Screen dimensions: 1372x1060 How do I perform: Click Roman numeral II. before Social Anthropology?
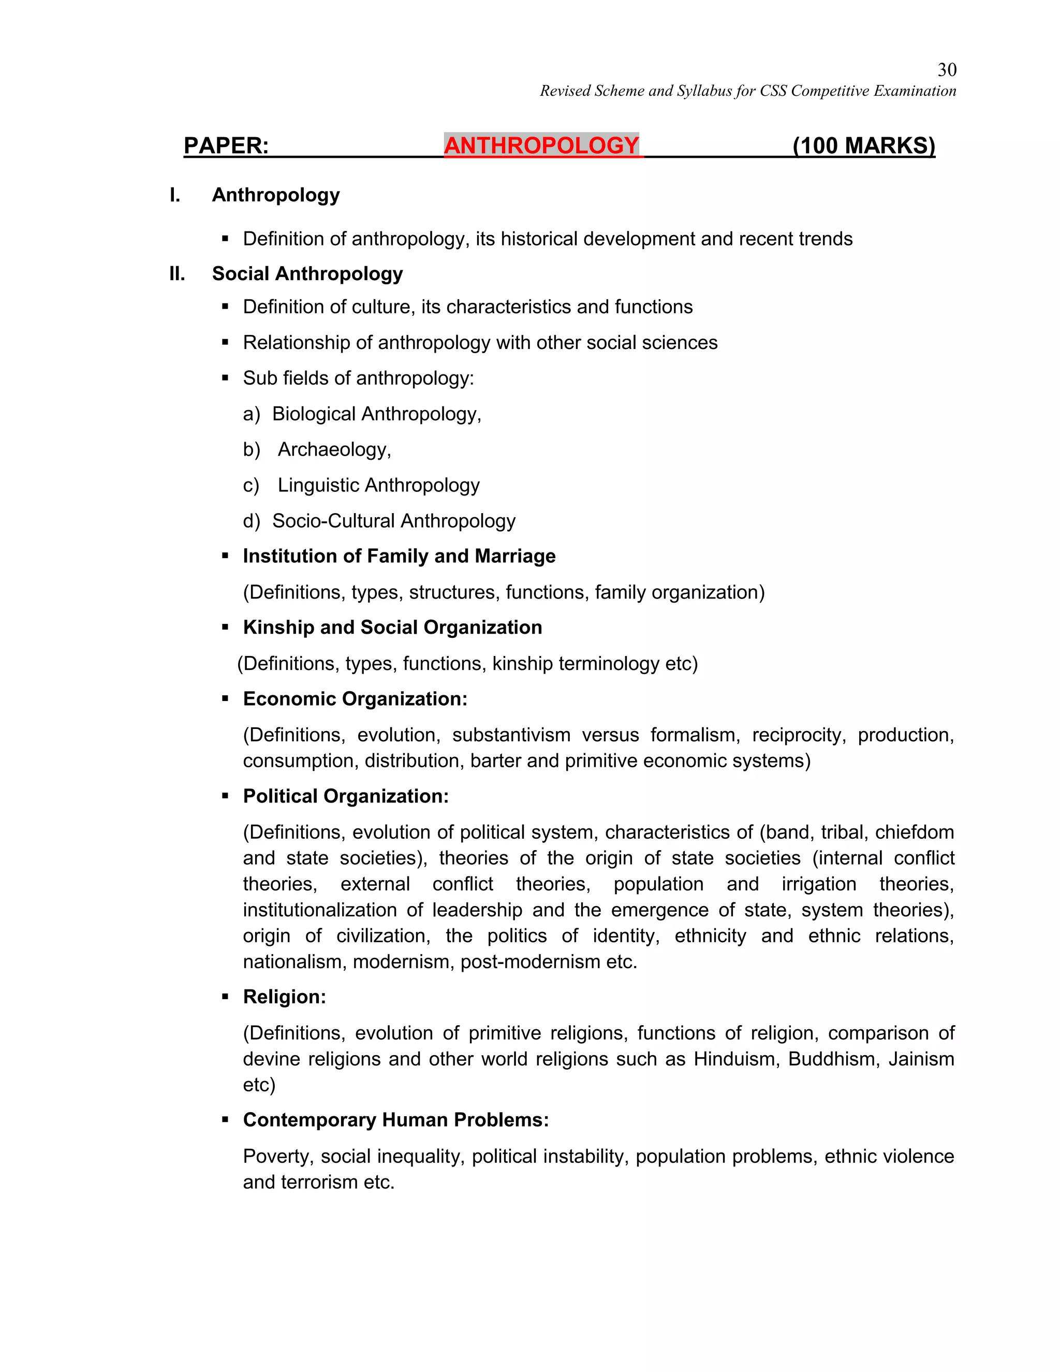tap(177, 274)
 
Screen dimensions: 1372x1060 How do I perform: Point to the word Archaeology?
tap(333, 450)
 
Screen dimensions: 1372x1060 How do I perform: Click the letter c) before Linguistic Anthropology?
tap(251, 486)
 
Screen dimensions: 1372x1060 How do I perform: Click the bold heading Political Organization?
tap(345, 797)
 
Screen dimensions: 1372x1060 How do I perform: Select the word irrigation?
tap(818, 884)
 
